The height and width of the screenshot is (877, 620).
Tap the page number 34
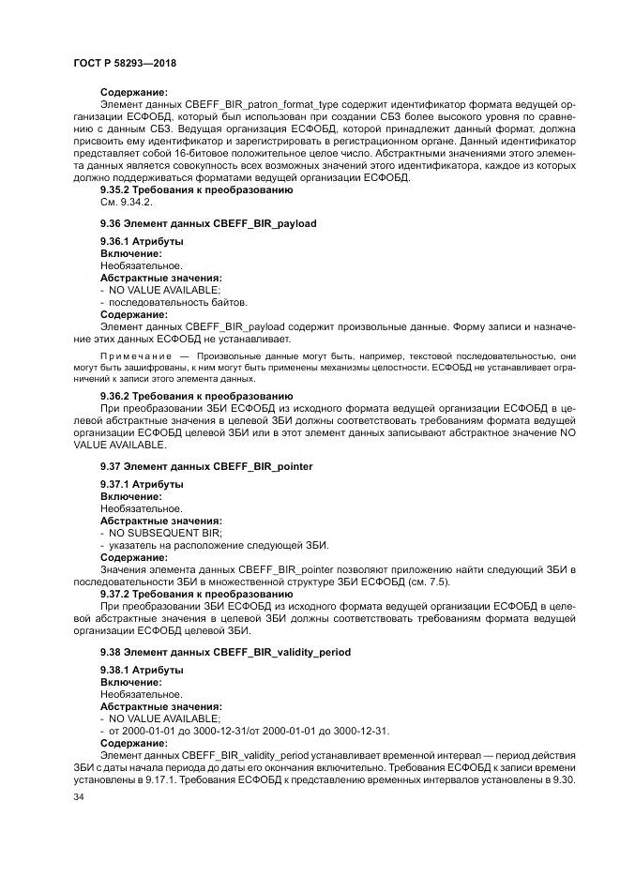[78, 797]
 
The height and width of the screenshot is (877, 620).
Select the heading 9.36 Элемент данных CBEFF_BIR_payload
[208, 223]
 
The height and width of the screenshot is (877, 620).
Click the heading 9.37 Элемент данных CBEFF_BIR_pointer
[206, 465]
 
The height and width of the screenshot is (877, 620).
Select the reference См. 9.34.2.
[125, 202]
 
